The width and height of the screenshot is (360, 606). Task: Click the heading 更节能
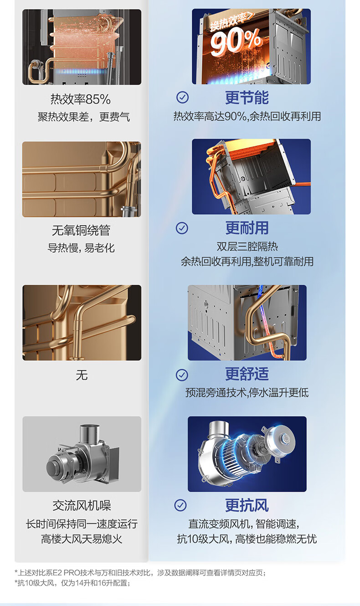[247, 98]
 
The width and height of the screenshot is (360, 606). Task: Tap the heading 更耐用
[247, 228]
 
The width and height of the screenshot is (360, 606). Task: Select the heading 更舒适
[247, 374]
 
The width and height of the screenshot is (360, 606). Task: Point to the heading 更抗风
[247, 505]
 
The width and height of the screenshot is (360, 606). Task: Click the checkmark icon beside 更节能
[183, 97]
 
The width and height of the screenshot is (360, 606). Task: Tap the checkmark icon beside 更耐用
[182, 228]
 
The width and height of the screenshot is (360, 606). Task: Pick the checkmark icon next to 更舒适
[182, 375]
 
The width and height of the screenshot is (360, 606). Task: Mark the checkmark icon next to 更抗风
[180, 505]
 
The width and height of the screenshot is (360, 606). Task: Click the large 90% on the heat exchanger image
[236, 42]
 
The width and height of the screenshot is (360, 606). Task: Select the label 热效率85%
[81, 99]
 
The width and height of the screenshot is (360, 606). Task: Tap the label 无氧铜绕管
[81, 230]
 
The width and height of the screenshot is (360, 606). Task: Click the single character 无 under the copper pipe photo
[82, 375]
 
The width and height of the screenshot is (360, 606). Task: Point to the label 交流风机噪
[82, 505]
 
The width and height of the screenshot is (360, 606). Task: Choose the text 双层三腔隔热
[247, 247]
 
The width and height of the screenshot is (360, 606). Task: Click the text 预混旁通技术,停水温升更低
[247, 393]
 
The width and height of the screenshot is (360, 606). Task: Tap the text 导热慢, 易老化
[81, 248]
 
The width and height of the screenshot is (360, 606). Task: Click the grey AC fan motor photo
[82, 454]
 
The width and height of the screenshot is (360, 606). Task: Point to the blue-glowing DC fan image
[247, 454]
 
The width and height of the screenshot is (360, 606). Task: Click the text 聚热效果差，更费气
[84, 117]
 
